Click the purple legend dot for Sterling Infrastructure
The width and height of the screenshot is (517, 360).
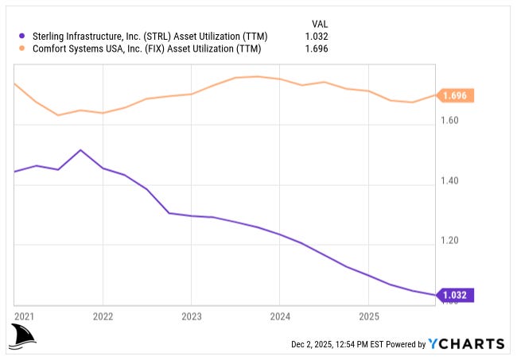coord(21,36)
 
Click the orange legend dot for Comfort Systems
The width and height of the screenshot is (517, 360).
coord(21,48)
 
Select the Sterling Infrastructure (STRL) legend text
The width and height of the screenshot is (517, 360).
coord(150,36)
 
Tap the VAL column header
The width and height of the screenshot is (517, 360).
coord(318,23)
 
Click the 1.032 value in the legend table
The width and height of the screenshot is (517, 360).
coord(317,36)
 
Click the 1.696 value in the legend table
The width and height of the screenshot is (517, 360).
coord(317,48)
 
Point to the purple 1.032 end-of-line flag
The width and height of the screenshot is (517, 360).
coord(457,295)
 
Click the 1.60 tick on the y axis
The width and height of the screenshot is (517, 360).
coord(451,122)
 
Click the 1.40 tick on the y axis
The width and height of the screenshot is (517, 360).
coord(451,181)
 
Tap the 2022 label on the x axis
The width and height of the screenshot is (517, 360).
coord(103,315)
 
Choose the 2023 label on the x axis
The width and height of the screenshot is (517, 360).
coord(192,315)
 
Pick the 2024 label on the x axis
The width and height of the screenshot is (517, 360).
coord(280,315)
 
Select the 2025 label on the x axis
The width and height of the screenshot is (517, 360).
coord(368,315)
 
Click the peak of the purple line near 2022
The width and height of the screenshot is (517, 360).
coord(80,149)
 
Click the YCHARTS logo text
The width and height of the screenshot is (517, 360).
coord(466,344)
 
